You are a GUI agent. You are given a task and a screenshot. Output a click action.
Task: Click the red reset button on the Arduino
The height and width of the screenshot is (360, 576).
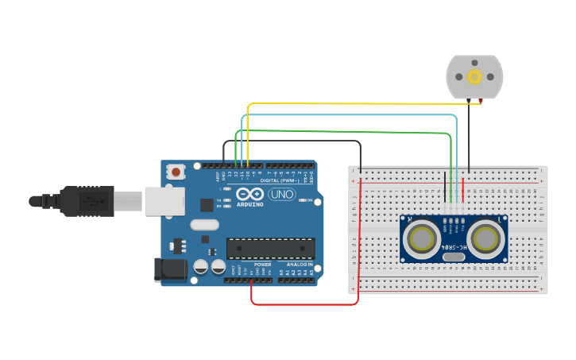click(176, 171)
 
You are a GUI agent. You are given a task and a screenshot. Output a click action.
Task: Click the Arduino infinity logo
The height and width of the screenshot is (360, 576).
click(249, 194)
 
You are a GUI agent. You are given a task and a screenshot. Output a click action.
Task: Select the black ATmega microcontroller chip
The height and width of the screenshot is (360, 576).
click(270, 249)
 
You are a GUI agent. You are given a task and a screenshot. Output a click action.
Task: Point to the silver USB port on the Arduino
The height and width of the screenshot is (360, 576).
click(164, 201)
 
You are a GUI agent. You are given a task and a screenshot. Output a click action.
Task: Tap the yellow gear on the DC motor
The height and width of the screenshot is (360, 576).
click(475, 76)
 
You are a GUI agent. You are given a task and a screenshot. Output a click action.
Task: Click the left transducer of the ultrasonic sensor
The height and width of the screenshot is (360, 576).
click(420, 238)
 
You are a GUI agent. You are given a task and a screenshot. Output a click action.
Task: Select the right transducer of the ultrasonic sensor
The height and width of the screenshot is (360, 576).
click(485, 238)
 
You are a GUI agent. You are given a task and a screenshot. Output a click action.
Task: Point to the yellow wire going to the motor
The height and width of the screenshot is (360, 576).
click(358, 103)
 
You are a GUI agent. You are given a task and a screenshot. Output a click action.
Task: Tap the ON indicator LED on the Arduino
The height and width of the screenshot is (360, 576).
click(303, 200)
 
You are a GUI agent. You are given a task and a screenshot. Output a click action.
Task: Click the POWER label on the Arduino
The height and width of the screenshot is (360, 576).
click(263, 265)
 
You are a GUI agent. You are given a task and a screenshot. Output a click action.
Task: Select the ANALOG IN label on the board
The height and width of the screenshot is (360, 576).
click(299, 265)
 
